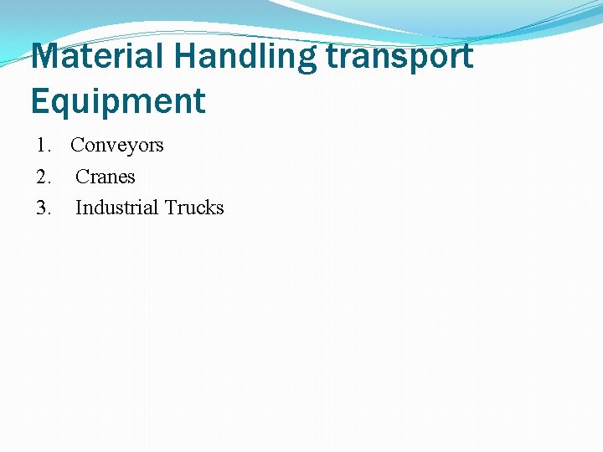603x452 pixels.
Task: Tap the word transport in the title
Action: tap(399, 57)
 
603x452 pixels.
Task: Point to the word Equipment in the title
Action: tap(118, 101)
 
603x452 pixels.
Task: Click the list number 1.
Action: tap(42, 146)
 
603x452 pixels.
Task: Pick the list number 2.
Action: tap(42, 177)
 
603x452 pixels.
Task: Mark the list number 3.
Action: tap(42, 208)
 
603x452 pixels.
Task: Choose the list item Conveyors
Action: tap(117, 146)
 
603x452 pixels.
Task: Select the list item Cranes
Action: tap(106, 177)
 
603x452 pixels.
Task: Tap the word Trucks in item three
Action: tap(194, 208)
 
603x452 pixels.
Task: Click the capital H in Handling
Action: tap(186, 57)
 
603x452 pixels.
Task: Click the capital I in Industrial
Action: tap(79, 208)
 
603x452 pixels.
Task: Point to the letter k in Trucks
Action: tap(209, 208)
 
